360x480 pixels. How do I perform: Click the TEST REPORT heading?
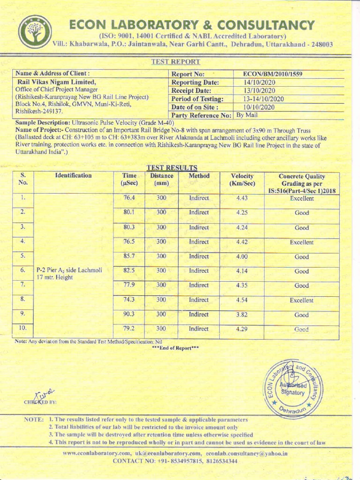[x=176, y=62]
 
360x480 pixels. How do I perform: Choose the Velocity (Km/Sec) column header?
[x=242, y=180]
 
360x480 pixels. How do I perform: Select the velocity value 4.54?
[x=242, y=300]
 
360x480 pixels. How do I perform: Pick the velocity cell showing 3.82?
[x=242, y=315]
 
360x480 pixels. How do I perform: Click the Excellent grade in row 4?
[x=301, y=242]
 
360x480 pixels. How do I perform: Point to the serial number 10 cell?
[x=22, y=328]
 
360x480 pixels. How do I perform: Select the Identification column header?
[x=74, y=176]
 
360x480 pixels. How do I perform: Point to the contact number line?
[x=175, y=461]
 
